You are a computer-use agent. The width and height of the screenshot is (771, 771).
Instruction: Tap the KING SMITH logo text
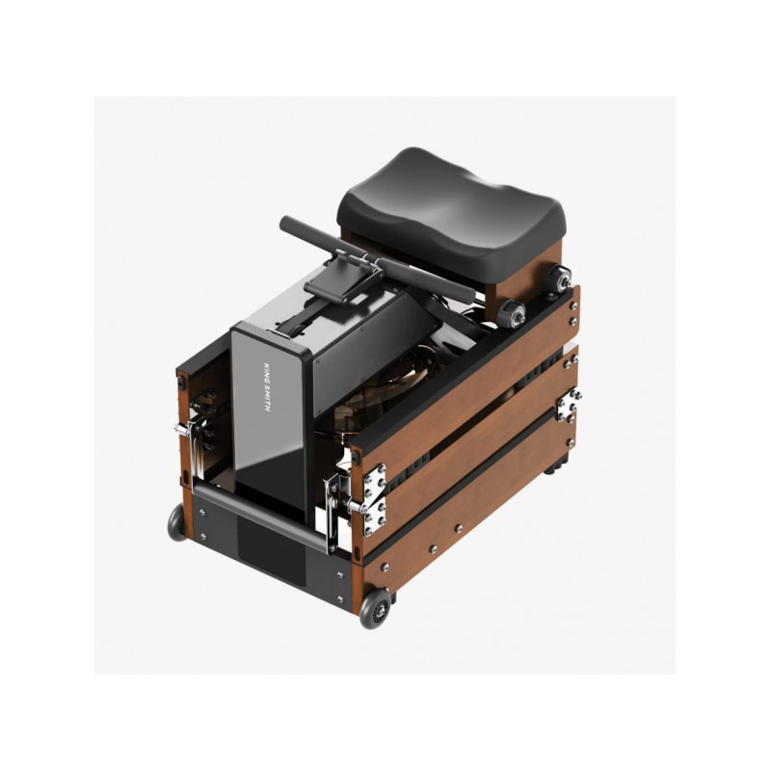(267, 387)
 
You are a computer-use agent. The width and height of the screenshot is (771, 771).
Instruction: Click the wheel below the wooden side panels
(375, 608)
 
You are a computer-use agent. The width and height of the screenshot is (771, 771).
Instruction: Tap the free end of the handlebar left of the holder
(284, 222)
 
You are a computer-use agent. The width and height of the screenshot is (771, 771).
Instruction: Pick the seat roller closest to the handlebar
(512, 313)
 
